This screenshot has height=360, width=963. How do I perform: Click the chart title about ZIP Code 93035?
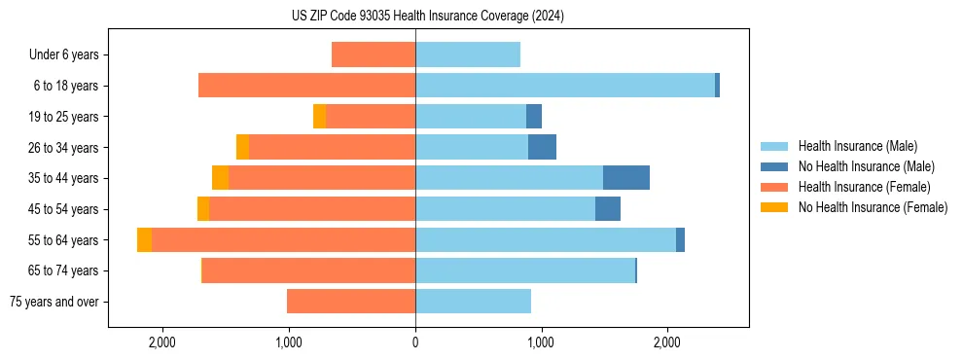(427, 16)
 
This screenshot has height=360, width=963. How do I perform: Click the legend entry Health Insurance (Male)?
(857, 146)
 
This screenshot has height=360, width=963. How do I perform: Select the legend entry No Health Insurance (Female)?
(873, 207)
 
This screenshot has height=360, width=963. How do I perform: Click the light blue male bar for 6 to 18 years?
(564, 86)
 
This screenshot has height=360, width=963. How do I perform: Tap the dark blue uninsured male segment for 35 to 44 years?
(625, 178)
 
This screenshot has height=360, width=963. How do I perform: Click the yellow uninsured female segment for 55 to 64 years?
(144, 239)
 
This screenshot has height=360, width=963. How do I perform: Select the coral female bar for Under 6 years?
(374, 54)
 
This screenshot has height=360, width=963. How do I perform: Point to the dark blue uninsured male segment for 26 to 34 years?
(542, 147)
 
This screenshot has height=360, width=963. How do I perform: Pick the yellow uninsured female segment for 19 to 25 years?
(319, 117)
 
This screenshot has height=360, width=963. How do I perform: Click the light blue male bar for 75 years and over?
(473, 302)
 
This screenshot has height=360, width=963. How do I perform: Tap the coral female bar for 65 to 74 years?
(308, 270)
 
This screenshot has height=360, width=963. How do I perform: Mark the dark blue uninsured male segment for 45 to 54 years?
(608, 209)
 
